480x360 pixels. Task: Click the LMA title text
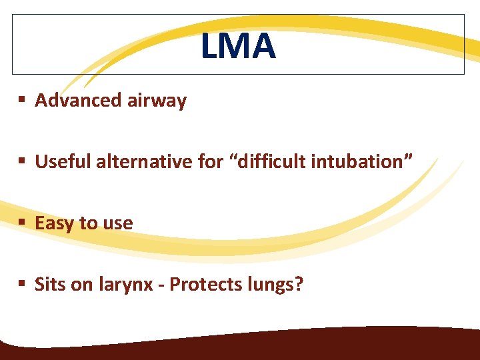coord(239,46)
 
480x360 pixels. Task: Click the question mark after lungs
coord(299,285)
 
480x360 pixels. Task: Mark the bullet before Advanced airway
coord(22,101)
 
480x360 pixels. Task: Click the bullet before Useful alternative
coord(22,161)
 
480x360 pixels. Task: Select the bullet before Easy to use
coord(22,223)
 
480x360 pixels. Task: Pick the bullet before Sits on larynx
coord(22,285)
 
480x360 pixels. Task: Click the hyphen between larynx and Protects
coord(162,286)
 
